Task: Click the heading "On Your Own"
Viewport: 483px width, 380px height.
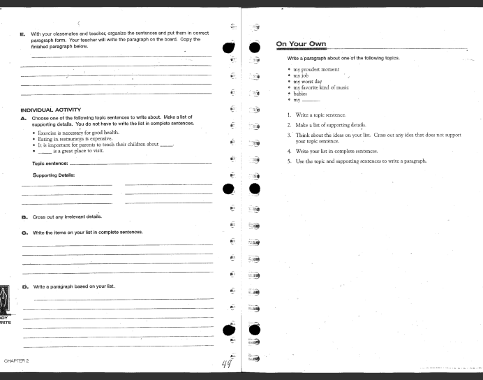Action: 301,45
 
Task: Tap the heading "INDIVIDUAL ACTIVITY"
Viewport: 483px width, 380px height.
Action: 52,110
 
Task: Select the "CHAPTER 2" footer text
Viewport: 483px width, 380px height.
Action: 16,360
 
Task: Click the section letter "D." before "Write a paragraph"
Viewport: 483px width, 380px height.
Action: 25,286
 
